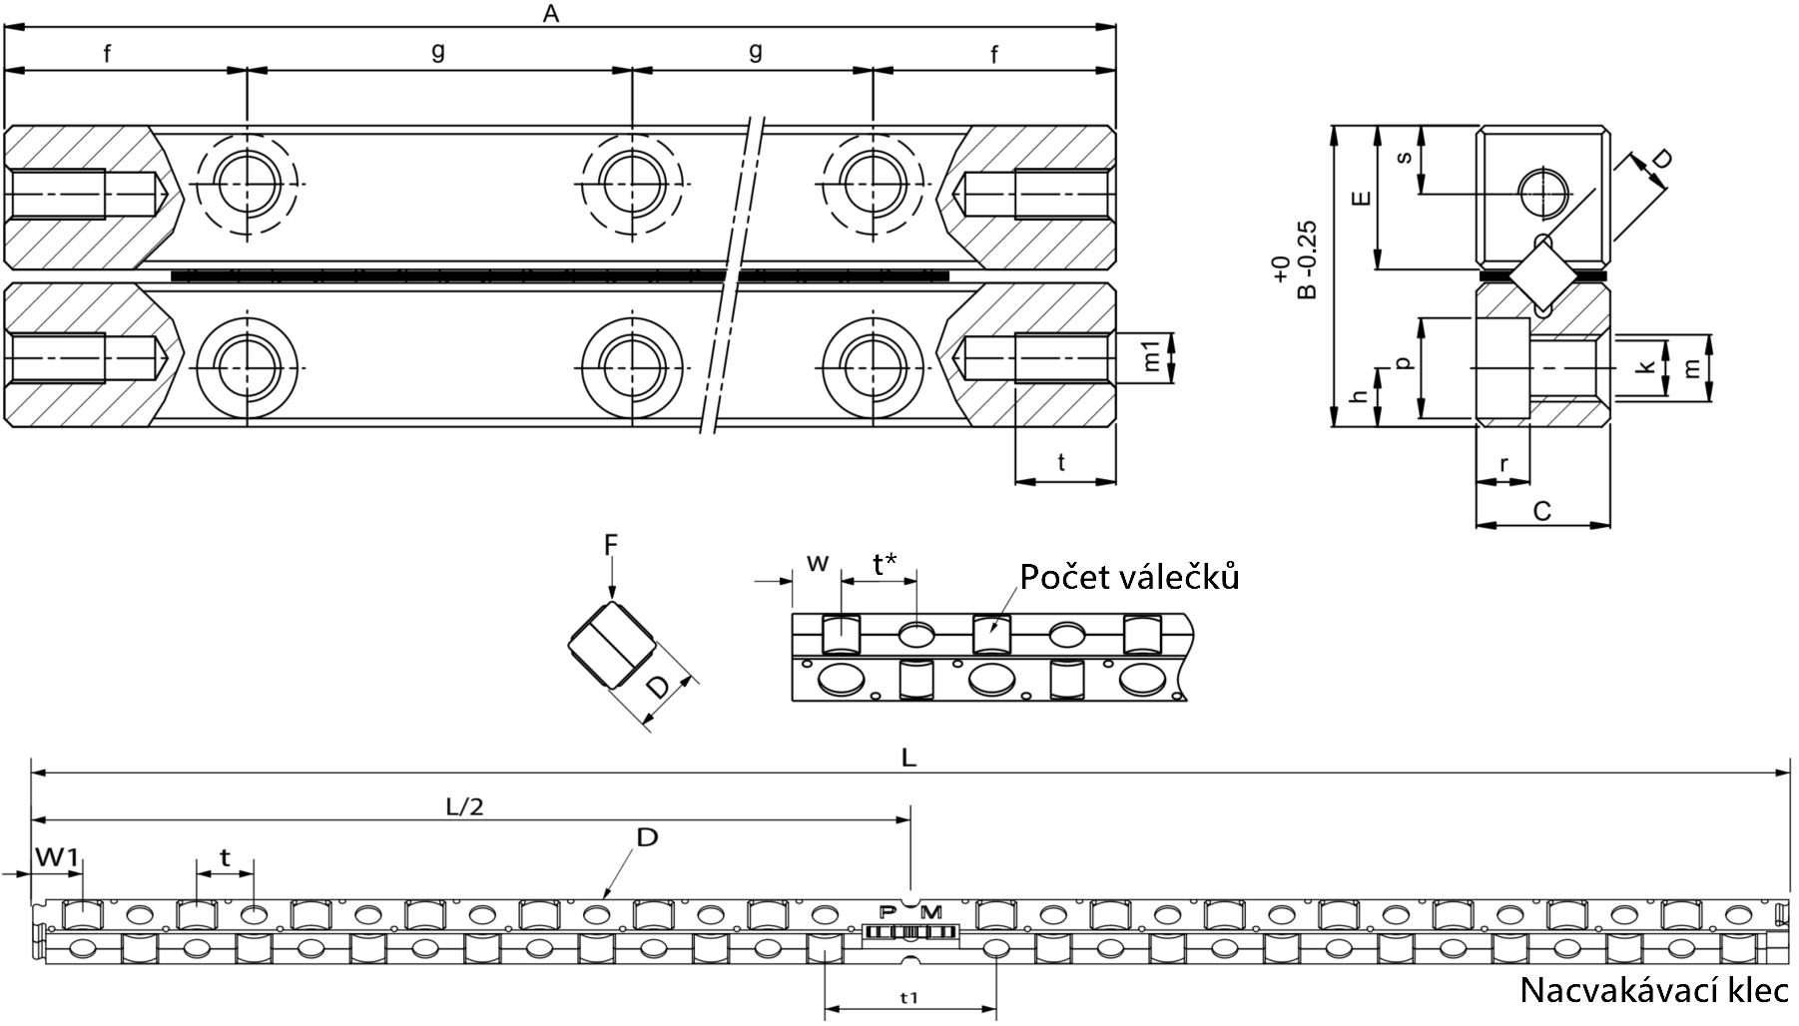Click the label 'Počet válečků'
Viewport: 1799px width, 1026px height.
click(x=1129, y=577)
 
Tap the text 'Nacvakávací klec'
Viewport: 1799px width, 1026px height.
click(x=1654, y=990)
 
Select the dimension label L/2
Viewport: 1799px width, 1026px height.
click(x=463, y=806)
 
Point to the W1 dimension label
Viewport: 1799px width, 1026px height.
click(x=57, y=856)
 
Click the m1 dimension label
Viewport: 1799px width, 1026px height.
click(x=1152, y=357)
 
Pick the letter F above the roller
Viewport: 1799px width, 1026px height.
click(x=611, y=544)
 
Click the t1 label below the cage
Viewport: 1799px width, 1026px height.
click(x=908, y=996)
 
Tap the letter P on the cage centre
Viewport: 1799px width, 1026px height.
click(x=887, y=911)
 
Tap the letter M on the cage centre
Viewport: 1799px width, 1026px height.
click(x=930, y=911)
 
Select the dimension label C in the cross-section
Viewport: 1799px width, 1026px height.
click(x=1541, y=511)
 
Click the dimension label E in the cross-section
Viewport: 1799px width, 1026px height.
click(x=1359, y=199)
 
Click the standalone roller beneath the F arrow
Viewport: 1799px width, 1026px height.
click(x=612, y=645)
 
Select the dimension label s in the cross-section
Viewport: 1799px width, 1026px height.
click(x=1405, y=158)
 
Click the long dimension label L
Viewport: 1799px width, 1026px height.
click(x=907, y=758)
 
